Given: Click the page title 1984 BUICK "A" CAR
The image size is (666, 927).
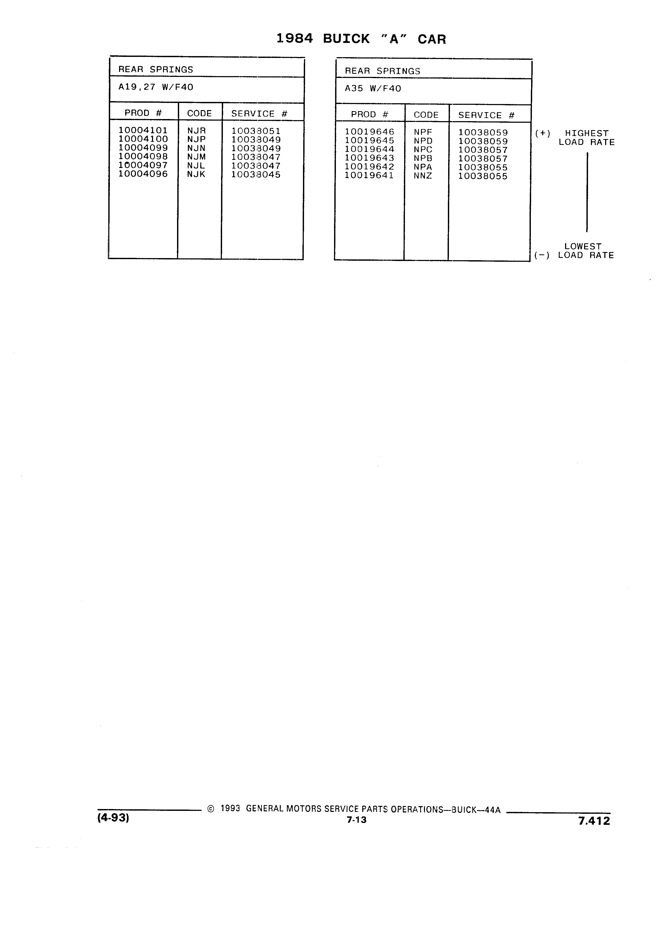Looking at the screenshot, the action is coord(361,39).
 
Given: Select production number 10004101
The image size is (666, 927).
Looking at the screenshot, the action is coord(143,130).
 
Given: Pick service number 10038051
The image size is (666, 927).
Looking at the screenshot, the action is coord(256,131).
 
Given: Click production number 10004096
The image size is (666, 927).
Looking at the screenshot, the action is coord(143,174).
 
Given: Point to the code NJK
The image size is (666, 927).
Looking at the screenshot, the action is coord(196,174).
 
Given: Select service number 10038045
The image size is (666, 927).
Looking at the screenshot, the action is coord(256,175).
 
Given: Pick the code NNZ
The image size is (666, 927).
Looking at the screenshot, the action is coord(423,176).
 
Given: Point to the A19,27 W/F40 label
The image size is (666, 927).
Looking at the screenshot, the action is coord(156,87).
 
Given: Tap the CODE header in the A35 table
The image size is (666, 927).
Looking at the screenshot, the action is coord(426,115).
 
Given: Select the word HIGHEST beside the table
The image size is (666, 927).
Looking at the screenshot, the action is coord(587,133).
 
